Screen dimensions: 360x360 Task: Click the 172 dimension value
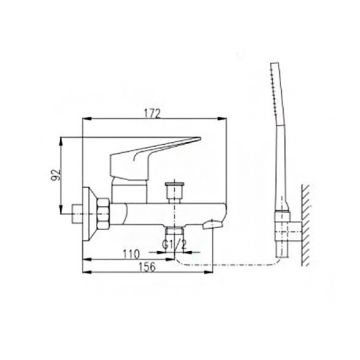pyautogui.click(x=152, y=114)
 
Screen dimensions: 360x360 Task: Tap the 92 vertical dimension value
pyautogui.click(x=56, y=175)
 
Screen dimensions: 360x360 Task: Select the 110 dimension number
pyautogui.click(x=131, y=255)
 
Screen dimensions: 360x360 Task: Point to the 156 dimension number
pyautogui.click(x=147, y=267)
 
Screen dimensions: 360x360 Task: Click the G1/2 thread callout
pyautogui.click(x=174, y=245)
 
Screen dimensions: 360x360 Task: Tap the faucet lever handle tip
pyautogui.click(x=199, y=139)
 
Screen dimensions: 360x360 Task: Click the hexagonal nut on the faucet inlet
pyautogui.click(x=102, y=214)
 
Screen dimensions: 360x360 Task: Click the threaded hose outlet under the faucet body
pyautogui.click(x=174, y=232)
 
